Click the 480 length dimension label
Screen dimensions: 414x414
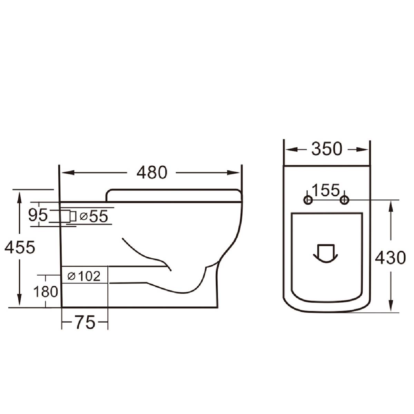click(x=152, y=172)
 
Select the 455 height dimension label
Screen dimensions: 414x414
click(x=20, y=247)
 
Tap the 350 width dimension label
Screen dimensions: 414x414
click(x=327, y=149)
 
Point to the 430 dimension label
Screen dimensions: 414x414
click(x=390, y=258)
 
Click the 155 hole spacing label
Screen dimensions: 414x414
click(x=326, y=190)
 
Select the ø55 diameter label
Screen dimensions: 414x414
click(x=94, y=216)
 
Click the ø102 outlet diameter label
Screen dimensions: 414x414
click(x=84, y=276)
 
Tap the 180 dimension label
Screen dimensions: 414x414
click(x=46, y=292)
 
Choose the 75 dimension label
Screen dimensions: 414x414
click(x=85, y=322)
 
